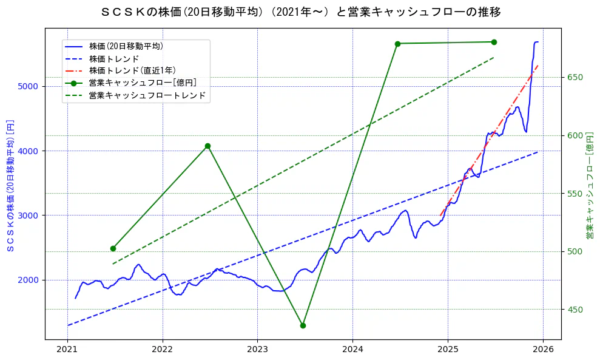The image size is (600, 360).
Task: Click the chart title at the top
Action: point(300,12)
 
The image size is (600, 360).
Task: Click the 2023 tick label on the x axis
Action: point(257,350)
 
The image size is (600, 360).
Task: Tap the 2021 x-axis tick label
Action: point(67,350)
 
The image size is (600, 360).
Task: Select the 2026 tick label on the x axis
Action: point(542,350)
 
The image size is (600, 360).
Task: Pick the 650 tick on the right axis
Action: point(575,77)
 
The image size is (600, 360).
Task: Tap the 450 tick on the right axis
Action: point(575,310)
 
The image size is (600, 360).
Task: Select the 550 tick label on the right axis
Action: point(575,194)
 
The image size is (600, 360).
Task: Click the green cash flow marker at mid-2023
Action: point(303,325)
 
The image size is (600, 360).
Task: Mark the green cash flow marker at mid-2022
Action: point(207,146)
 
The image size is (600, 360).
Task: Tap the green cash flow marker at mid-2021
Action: point(113,248)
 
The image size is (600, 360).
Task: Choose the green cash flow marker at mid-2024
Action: point(397,44)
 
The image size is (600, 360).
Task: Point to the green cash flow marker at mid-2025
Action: point(494,42)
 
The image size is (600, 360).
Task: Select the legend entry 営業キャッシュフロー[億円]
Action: point(142,83)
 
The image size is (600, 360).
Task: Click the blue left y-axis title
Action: point(10,185)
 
